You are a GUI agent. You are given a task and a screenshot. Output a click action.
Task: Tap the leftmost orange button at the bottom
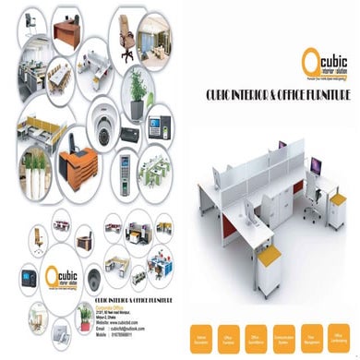click(x=200, y=333)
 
